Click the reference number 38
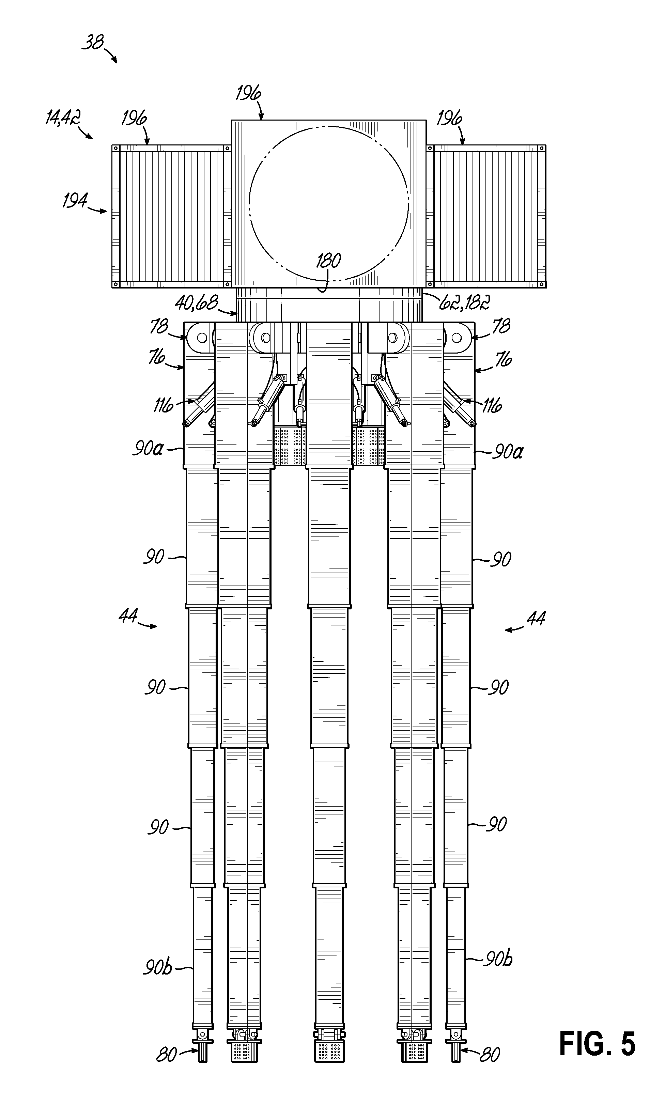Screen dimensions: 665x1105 click(x=93, y=43)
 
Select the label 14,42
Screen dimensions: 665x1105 click(x=63, y=118)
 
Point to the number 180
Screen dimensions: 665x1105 click(x=328, y=260)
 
